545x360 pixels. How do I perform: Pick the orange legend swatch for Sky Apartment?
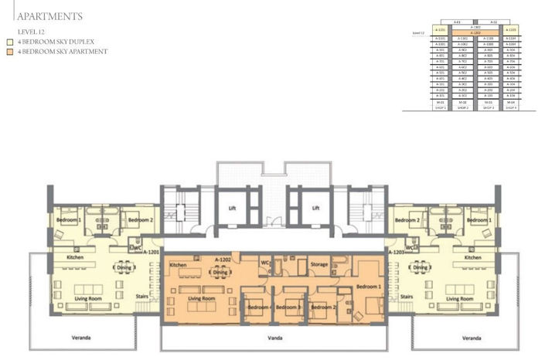[9, 52]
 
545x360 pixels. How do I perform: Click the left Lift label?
[231, 208]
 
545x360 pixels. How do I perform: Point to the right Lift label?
[315, 208]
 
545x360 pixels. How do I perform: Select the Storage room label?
[319, 265]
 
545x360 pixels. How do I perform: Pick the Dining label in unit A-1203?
[421, 267]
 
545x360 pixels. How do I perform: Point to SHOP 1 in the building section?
[440, 107]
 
